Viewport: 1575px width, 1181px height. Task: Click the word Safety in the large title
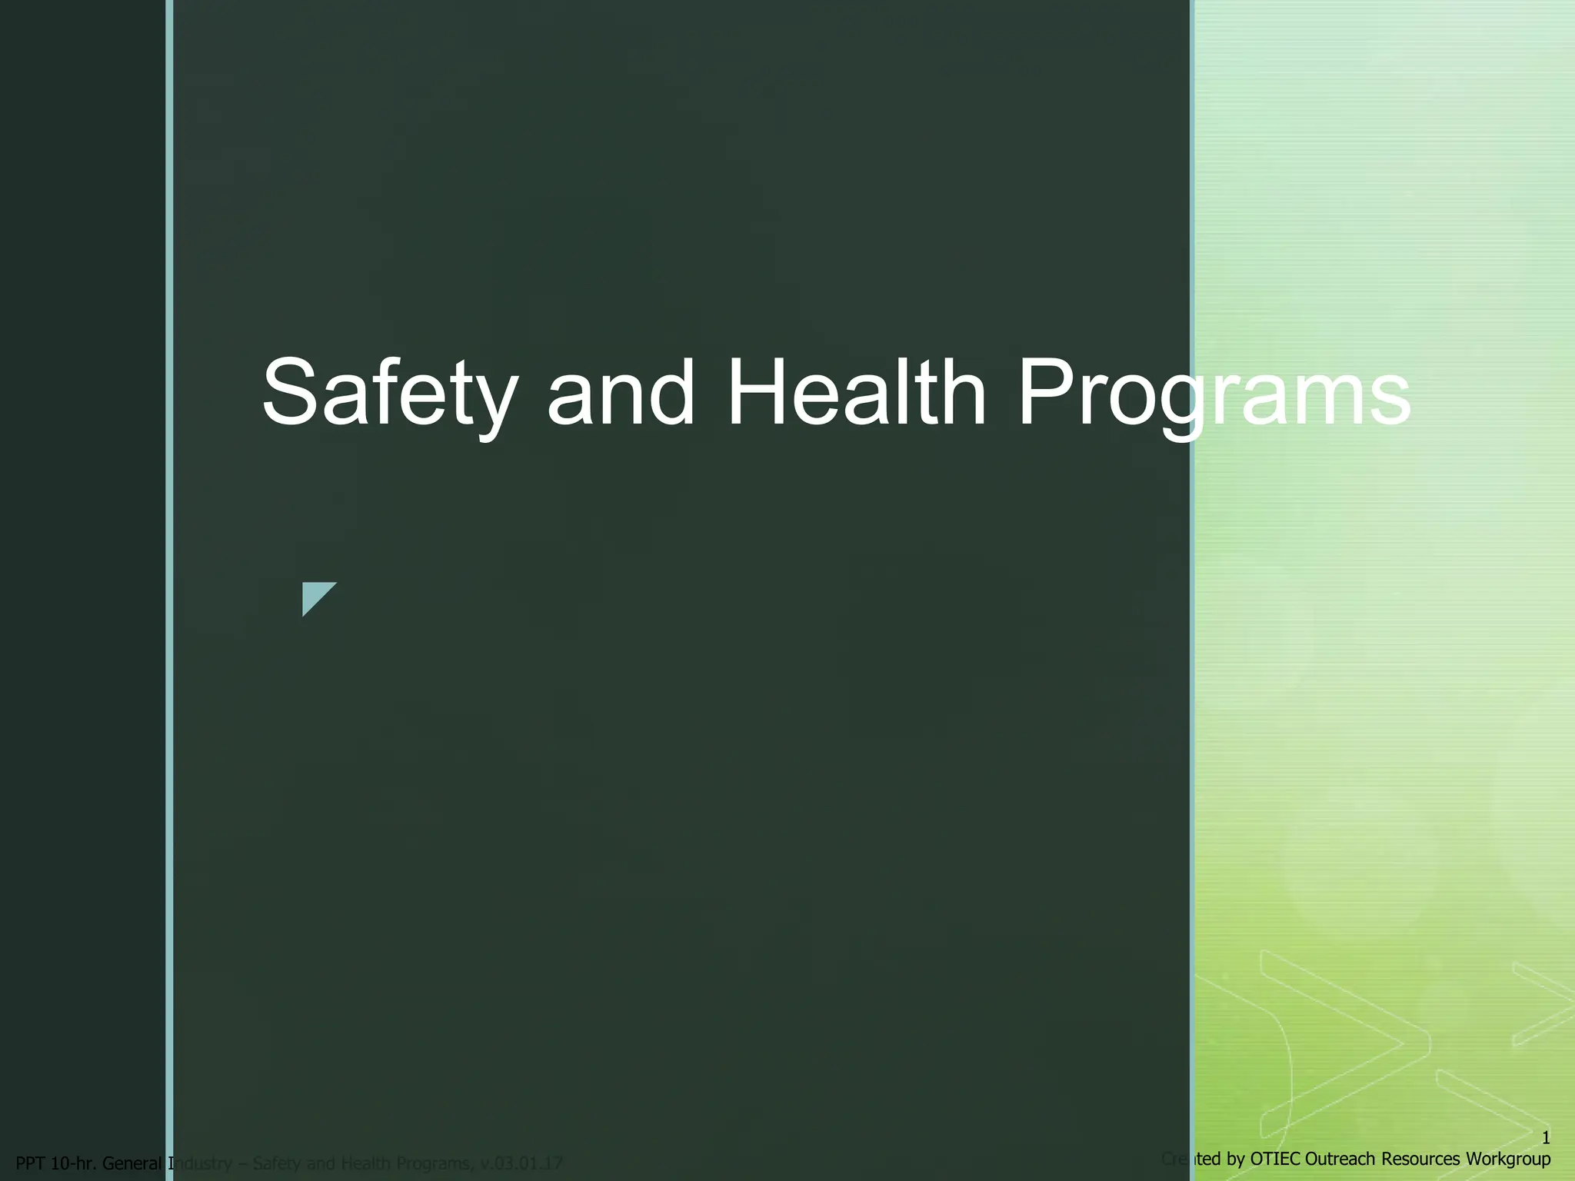pyautogui.click(x=388, y=394)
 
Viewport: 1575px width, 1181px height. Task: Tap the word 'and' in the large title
pyautogui.click(x=621, y=394)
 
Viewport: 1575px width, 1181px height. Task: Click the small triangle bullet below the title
pyautogui.click(x=316, y=597)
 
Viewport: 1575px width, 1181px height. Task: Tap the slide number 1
pyautogui.click(x=1546, y=1138)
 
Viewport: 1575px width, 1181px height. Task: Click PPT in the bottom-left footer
pyautogui.click(x=30, y=1163)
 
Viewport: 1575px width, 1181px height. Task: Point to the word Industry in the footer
pyautogui.click(x=200, y=1163)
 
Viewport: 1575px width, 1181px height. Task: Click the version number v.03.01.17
pyautogui.click(x=521, y=1163)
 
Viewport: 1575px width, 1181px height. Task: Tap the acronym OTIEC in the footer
pyautogui.click(x=1277, y=1159)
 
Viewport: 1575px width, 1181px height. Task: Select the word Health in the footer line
pyautogui.click(x=361, y=1163)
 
